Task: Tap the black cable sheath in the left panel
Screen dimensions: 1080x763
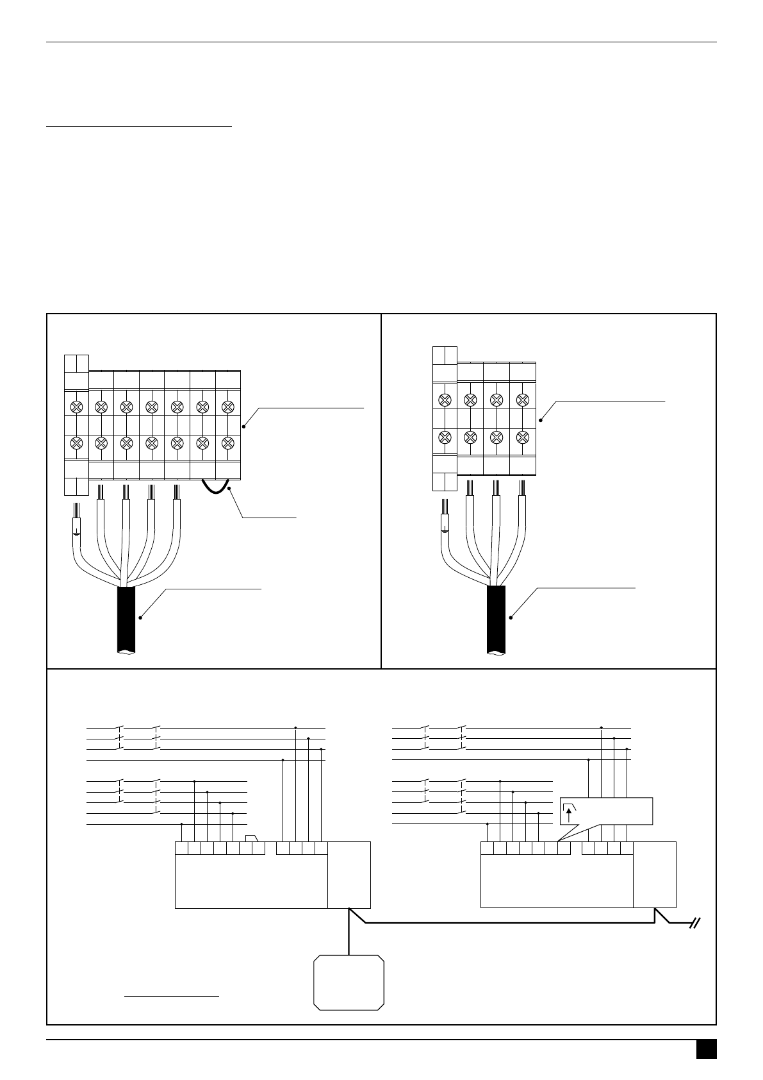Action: [126, 619]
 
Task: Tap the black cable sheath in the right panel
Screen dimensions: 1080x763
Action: [496, 619]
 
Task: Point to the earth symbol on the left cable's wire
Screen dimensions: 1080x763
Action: [76, 531]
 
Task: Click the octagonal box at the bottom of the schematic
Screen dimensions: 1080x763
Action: [349, 983]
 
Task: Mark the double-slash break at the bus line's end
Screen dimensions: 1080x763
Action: [695, 924]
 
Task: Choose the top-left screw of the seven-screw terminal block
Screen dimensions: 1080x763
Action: [76, 406]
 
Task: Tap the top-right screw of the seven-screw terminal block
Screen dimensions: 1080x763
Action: [227, 406]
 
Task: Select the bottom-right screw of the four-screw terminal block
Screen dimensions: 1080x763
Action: [523, 437]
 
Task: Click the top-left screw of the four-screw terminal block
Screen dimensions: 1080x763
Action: [445, 400]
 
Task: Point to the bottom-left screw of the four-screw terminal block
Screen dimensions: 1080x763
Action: [445, 437]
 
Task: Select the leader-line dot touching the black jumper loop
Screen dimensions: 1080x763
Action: [229, 488]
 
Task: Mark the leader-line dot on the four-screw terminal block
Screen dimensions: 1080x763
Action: [541, 420]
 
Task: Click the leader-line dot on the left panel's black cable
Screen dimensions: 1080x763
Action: [140, 618]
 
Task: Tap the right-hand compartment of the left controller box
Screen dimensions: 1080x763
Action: [349, 875]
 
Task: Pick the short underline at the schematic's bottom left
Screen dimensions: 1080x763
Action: [172, 997]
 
